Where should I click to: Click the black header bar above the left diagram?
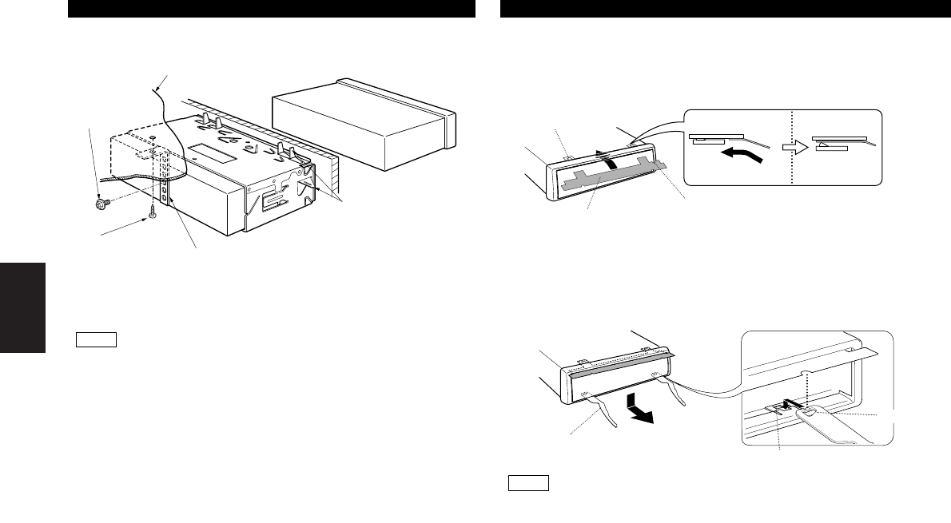272,9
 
